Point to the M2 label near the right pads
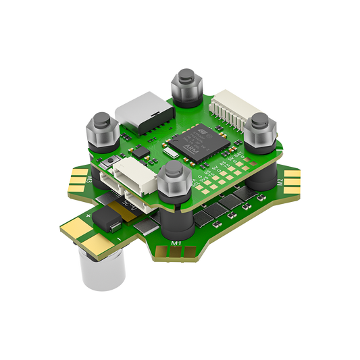pos(279,183)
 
